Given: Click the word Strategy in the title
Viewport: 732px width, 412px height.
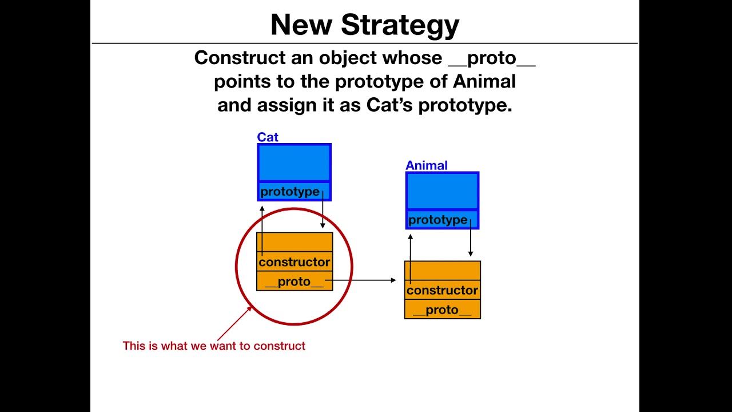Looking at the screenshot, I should pos(400,25).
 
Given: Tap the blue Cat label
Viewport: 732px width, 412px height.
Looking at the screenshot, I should pos(268,137).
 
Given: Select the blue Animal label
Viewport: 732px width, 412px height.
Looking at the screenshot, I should pos(426,165).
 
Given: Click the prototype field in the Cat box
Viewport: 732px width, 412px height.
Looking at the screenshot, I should pos(290,192).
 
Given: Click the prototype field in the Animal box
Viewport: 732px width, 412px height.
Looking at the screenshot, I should pos(438,220).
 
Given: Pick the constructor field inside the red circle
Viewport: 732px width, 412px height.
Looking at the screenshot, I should pos(295,262).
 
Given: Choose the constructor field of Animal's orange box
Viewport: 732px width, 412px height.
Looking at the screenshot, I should pos(442,291).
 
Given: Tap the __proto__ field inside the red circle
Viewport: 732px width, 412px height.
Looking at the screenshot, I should pos(295,282).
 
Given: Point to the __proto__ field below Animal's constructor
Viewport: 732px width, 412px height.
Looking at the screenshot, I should pos(442,310).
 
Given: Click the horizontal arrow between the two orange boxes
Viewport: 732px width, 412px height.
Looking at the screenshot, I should pos(366,280).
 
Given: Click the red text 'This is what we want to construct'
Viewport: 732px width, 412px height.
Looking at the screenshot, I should pos(214,346).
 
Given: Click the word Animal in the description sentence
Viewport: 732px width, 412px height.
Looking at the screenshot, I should pos(484,82).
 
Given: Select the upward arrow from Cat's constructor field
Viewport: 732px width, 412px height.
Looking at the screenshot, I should pos(262,229).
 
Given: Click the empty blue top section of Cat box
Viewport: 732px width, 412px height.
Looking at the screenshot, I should pos(295,163).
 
